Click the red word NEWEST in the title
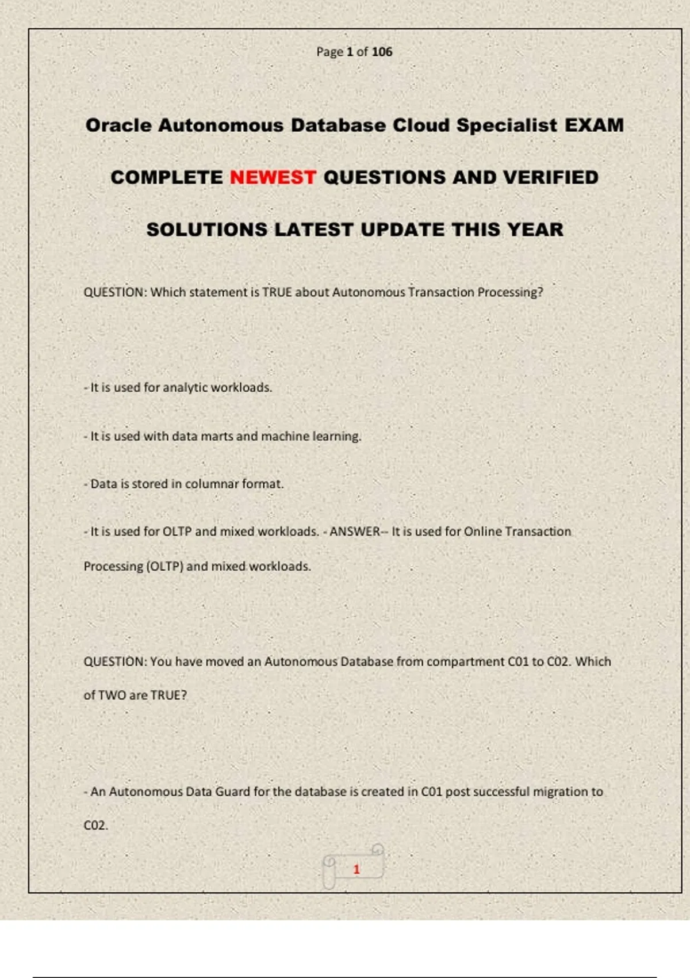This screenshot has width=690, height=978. pos(273,177)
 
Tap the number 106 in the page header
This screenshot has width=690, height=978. pos(382,52)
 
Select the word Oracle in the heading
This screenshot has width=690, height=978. pos(118,125)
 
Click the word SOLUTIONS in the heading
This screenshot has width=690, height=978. pos(206,230)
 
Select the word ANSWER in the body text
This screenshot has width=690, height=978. pos(354,532)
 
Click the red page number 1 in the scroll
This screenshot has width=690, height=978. pos(356,869)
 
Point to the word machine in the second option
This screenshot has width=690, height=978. pos(285,436)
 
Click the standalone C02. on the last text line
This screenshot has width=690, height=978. pos(95,826)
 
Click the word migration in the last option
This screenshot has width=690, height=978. pos(557,792)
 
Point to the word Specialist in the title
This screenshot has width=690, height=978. pos(507,125)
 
